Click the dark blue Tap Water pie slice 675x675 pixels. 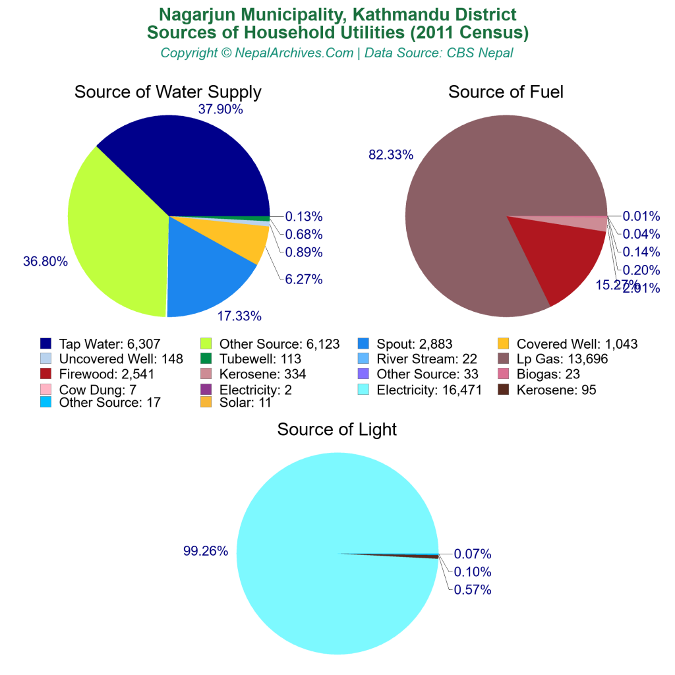(x=198, y=165)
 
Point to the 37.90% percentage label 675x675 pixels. (x=220, y=109)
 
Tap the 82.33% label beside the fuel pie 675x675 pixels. (x=391, y=155)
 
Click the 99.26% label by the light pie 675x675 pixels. (x=206, y=551)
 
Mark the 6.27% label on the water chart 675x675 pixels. (x=303, y=279)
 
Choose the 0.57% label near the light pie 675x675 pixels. (x=473, y=590)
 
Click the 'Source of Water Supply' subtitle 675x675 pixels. (x=168, y=92)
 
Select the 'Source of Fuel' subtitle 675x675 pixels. (x=506, y=92)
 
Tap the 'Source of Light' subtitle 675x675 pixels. (x=337, y=430)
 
